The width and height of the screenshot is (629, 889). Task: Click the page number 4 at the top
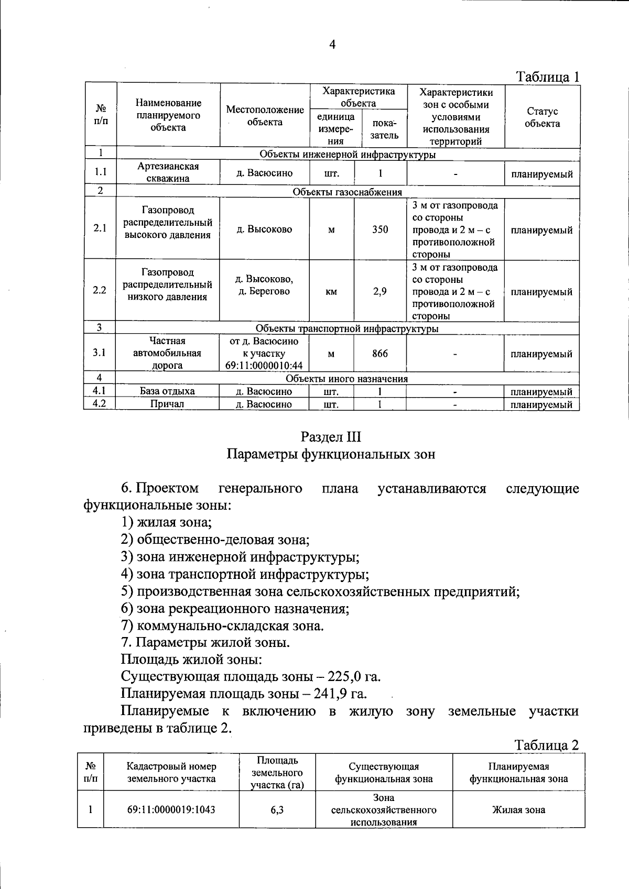click(332, 45)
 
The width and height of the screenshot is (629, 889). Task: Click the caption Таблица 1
click(548, 76)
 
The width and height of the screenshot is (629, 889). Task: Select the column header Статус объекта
click(542, 117)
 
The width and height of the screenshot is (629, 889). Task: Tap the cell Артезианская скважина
click(168, 172)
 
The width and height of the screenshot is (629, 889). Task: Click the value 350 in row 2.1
click(380, 229)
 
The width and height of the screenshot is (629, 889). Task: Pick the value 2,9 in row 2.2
click(380, 291)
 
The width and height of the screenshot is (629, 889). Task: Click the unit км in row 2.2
click(331, 292)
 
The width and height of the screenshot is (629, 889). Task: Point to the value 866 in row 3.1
click(380, 354)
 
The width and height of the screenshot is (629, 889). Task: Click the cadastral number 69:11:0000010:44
click(264, 366)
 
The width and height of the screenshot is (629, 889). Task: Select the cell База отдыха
click(167, 391)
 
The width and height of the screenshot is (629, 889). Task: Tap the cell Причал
click(167, 404)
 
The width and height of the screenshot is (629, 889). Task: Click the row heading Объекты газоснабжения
click(347, 192)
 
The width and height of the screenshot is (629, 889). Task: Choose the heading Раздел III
click(331, 437)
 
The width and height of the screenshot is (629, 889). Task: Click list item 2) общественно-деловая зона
click(215, 540)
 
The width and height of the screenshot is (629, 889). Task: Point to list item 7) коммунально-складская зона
click(222, 625)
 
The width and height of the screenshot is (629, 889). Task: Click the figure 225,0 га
click(354, 677)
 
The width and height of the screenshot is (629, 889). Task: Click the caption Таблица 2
click(546, 745)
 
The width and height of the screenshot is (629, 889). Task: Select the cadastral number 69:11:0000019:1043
click(171, 809)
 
